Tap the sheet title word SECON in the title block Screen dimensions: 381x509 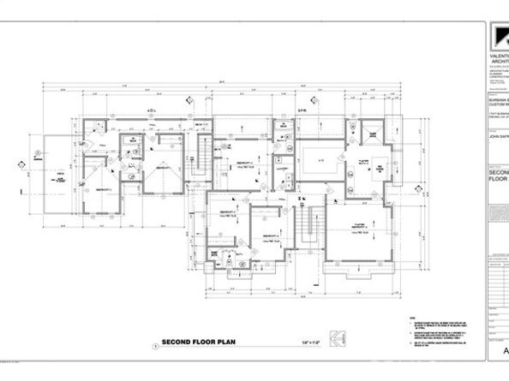[498, 171]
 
